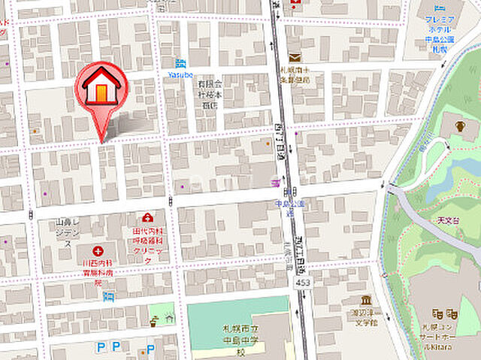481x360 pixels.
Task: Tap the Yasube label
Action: coord(180,74)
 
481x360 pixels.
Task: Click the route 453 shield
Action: coord(302,280)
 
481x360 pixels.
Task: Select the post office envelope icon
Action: coord(295,57)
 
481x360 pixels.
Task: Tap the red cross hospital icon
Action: coord(98,251)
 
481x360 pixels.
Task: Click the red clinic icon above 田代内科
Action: coord(147,218)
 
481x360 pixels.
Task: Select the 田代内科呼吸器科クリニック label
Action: coord(147,244)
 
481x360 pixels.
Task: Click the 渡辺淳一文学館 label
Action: coord(368,316)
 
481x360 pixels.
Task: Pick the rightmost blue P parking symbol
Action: coord(150,349)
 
